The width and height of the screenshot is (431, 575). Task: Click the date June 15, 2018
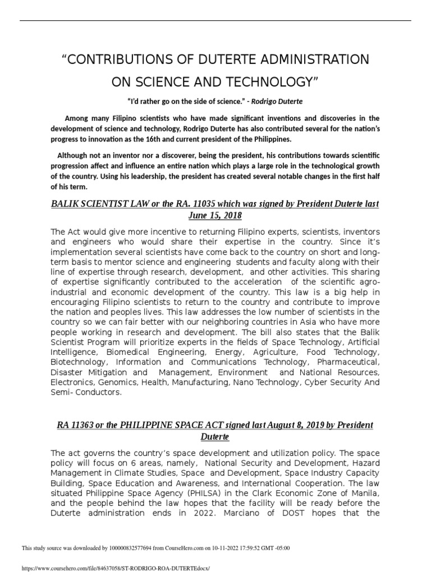click(215, 215)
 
